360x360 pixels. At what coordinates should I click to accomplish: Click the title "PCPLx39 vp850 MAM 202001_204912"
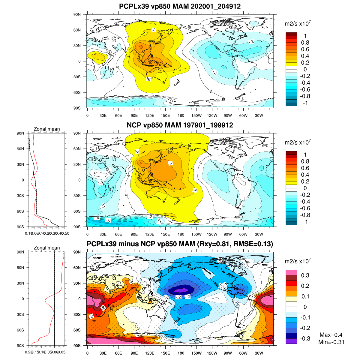coord(180,6)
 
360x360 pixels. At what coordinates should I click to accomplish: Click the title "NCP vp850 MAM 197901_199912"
coord(180,125)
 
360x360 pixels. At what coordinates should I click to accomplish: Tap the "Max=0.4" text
coord(331,335)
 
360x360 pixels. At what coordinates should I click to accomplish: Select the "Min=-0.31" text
coord(331,342)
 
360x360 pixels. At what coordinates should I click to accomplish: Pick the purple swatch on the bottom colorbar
coord(291,341)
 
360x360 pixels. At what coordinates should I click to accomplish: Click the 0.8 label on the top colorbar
coord(305,43)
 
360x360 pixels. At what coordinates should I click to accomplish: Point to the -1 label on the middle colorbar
coord(305,222)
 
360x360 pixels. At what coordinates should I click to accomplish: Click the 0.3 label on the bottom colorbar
coord(305,275)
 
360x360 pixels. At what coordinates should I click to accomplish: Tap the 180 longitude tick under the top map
coord(181,115)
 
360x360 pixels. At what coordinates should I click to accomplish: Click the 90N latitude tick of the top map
coord(77,14)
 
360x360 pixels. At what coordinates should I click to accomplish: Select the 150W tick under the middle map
coord(196,234)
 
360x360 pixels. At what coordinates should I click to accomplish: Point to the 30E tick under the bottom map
coord(103,353)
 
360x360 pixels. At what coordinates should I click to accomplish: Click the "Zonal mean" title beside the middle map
coord(46,129)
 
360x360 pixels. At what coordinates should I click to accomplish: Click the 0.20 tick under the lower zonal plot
coord(29,352)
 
